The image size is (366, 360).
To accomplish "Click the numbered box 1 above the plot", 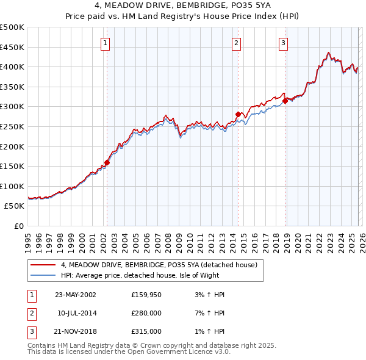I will [x=106, y=43].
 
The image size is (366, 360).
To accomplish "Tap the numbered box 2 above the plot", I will [x=237, y=43].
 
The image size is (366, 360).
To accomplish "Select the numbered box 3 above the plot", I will [x=284, y=43].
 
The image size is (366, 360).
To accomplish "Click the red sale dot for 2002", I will [x=107, y=162].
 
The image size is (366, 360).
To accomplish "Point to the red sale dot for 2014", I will [x=238, y=114].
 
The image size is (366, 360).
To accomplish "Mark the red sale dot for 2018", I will [x=285, y=101].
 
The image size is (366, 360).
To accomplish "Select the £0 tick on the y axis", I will [x=18, y=226].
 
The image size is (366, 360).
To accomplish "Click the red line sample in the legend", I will [x=43, y=265].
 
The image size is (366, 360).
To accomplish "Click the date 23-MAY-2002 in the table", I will [x=76, y=295].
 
